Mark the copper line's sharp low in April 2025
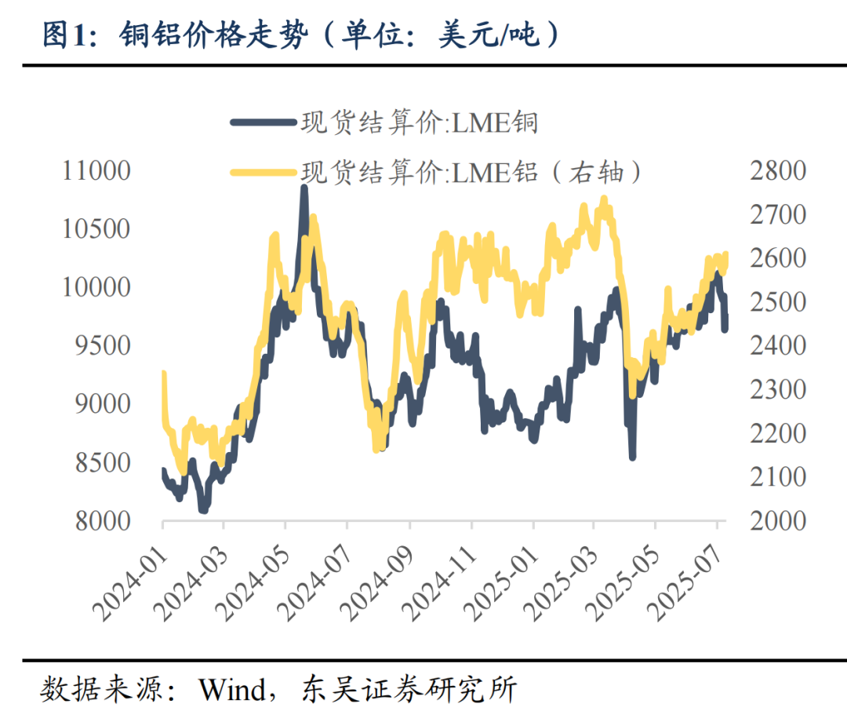(631, 456)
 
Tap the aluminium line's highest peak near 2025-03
(603, 199)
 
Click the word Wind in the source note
(232, 690)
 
